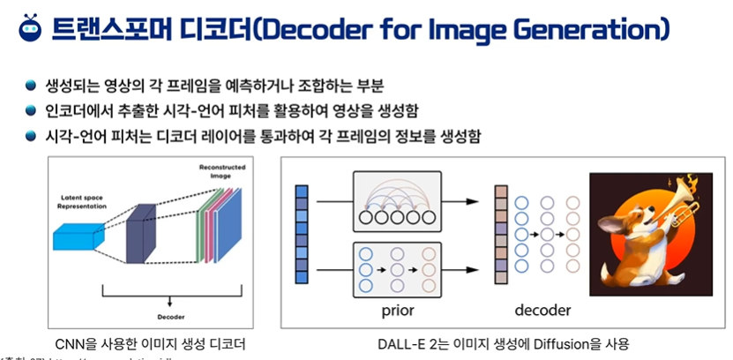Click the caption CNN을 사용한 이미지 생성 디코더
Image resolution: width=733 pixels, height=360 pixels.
(x=149, y=342)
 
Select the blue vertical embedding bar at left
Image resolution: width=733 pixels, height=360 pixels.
(x=302, y=234)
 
